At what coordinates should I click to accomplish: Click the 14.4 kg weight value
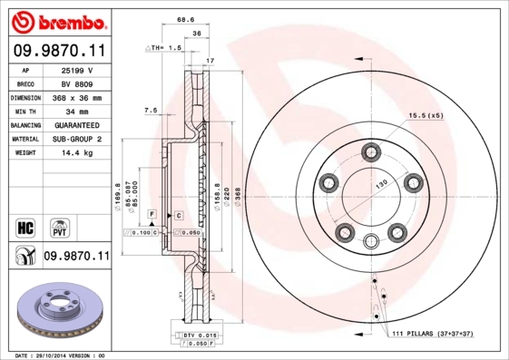tap(77, 153)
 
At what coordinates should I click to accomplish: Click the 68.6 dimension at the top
tap(186, 19)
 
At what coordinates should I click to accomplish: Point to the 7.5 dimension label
tap(151, 110)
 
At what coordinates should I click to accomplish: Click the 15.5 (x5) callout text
tap(426, 116)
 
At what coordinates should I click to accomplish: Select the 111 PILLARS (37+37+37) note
tap(434, 335)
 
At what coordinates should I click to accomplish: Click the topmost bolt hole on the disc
tap(371, 151)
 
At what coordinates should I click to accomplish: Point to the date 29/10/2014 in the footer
tap(60, 355)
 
